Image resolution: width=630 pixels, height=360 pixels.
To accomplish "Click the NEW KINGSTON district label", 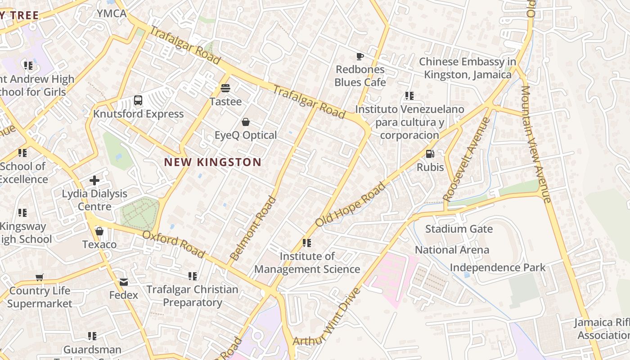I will [x=212, y=162].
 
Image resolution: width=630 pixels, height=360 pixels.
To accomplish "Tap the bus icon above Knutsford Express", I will [x=138, y=100].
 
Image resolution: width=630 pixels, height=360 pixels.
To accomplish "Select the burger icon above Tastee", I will [x=225, y=88].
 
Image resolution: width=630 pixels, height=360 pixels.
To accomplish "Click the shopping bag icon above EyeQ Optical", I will [x=246, y=122].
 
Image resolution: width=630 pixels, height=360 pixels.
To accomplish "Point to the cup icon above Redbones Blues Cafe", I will [x=360, y=56].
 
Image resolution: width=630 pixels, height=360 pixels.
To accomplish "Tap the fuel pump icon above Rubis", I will [x=430, y=154].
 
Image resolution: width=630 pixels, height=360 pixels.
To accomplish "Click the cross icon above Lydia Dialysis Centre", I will [x=94, y=180].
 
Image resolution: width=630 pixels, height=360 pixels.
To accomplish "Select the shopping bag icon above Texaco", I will [x=99, y=231].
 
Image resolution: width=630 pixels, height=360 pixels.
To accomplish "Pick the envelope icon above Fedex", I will [x=124, y=282].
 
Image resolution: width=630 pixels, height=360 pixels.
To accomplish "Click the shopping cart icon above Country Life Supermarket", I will [x=40, y=278].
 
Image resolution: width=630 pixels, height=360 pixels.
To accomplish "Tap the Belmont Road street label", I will [x=253, y=228].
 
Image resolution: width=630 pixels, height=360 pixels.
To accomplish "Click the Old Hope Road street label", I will [x=351, y=204].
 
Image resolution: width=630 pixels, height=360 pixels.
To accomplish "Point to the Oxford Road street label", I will [x=174, y=244].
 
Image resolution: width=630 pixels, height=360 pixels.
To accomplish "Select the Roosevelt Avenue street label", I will [x=466, y=159].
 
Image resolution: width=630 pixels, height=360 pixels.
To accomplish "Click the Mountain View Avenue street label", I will [x=536, y=144].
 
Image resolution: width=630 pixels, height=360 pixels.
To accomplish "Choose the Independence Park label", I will [x=498, y=267].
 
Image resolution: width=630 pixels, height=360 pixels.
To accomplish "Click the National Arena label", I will [x=452, y=250].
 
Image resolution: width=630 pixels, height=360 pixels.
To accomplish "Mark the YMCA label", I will [x=112, y=13].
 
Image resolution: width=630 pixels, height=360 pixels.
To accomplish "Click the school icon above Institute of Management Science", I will [x=307, y=243].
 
